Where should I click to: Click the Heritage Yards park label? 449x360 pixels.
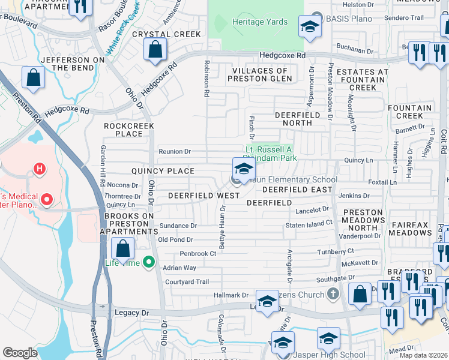point(259,22)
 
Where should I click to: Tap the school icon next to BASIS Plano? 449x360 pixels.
point(310,27)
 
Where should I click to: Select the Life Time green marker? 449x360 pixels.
point(149,262)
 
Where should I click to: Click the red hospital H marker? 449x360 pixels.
point(40,169)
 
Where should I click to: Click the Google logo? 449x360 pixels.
point(20,353)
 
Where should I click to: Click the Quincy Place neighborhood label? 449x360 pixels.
point(163,171)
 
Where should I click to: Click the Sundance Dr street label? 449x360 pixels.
point(178,226)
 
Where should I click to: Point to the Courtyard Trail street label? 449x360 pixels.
point(186,281)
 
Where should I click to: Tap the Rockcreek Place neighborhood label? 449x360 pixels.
point(129,130)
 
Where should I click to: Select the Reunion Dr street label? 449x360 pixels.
point(175,151)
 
